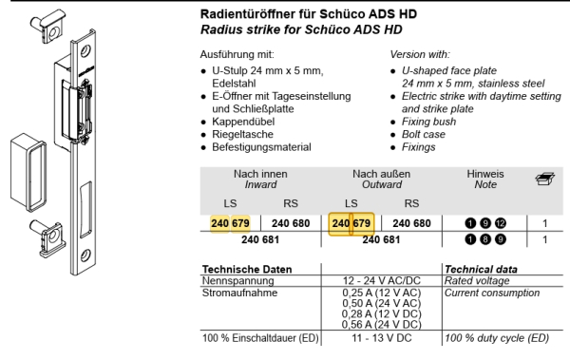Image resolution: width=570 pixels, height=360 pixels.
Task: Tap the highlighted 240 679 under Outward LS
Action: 351,223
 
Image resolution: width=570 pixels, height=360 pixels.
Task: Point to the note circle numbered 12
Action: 502,224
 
